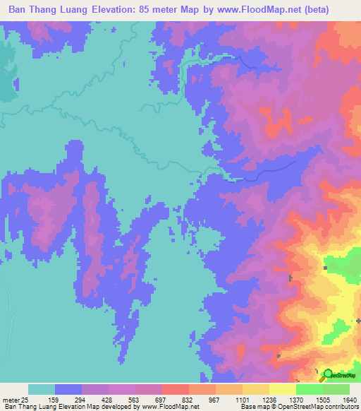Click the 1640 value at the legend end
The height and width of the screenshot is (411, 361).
pos(350,399)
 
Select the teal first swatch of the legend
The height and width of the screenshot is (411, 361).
pos(41,389)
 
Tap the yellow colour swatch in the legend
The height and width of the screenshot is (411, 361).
pos(282,389)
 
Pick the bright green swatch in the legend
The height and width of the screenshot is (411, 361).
pos(309,389)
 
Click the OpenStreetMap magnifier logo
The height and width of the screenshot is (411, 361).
pos(326,376)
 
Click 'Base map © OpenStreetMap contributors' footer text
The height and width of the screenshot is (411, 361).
pos(299,407)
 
